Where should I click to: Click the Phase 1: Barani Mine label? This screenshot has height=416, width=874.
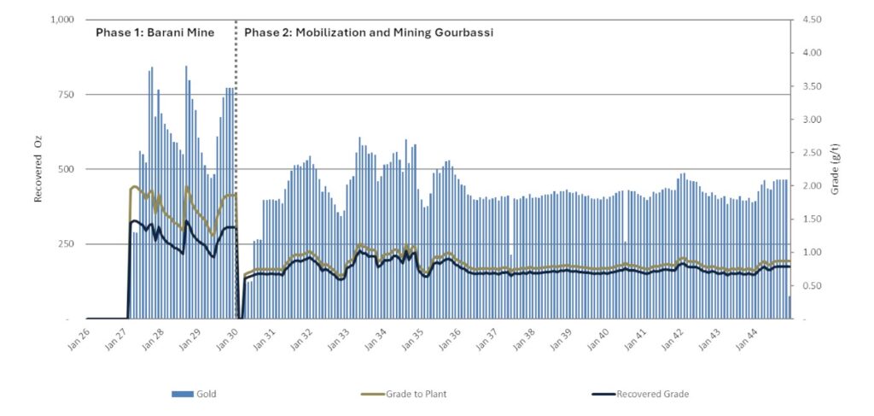[154, 32]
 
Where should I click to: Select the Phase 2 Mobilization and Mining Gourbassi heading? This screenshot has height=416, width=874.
[369, 32]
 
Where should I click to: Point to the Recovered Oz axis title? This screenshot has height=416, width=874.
[38, 169]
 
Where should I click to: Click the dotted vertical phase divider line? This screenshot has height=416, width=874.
[236, 171]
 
